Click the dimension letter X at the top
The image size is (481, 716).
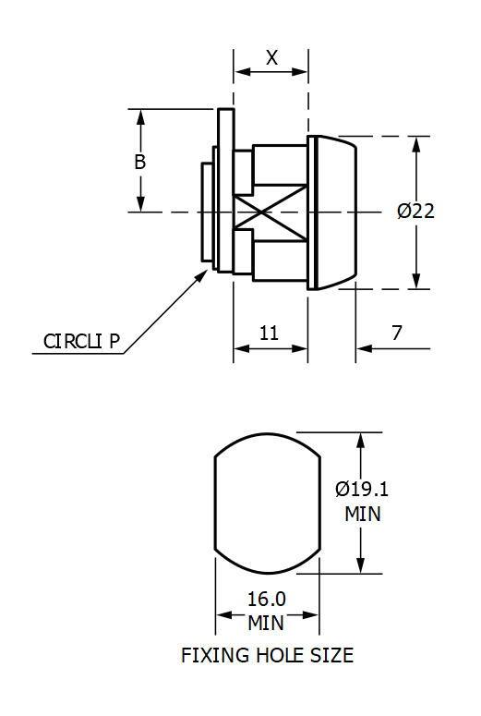pos(271,57)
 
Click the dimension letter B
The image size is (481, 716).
pos(140,162)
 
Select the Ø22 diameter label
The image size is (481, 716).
pos(415,211)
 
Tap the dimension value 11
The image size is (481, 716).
pos(269,334)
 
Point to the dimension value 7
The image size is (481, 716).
pos(396,334)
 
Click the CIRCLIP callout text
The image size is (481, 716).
pos(82,341)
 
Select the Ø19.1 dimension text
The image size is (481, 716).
pos(361,489)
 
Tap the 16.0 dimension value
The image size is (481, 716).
pos(267,599)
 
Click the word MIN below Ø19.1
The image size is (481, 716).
pos(363,514)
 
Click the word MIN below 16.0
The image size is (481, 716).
pos(266,623)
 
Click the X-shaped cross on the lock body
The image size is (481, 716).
pos(269,212)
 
